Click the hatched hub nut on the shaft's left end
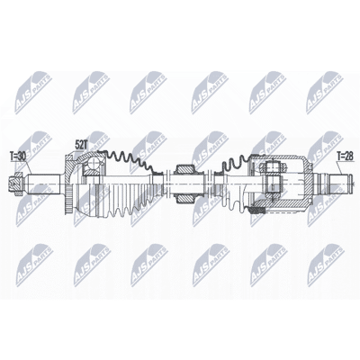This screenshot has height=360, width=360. tap(16, 183)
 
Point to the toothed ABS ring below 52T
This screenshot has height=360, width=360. tap(70, 201)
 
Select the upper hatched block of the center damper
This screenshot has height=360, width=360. tap(183, 170)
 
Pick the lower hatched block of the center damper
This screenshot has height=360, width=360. tap(184, 198)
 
